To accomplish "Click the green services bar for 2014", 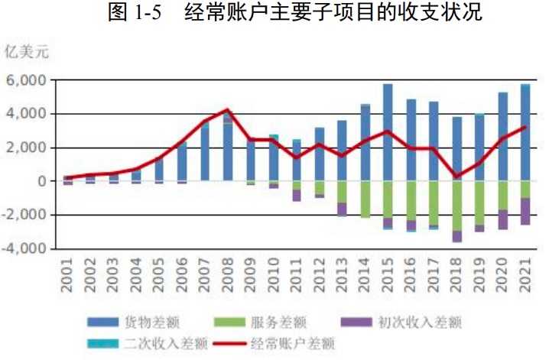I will [x=365, y=199].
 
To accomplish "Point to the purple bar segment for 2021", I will [x=525, y=211].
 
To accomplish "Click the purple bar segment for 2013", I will [x=342, y=209].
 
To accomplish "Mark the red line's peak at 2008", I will [x=227, y=109].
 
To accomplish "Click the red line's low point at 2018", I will [x=456, y=177].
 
